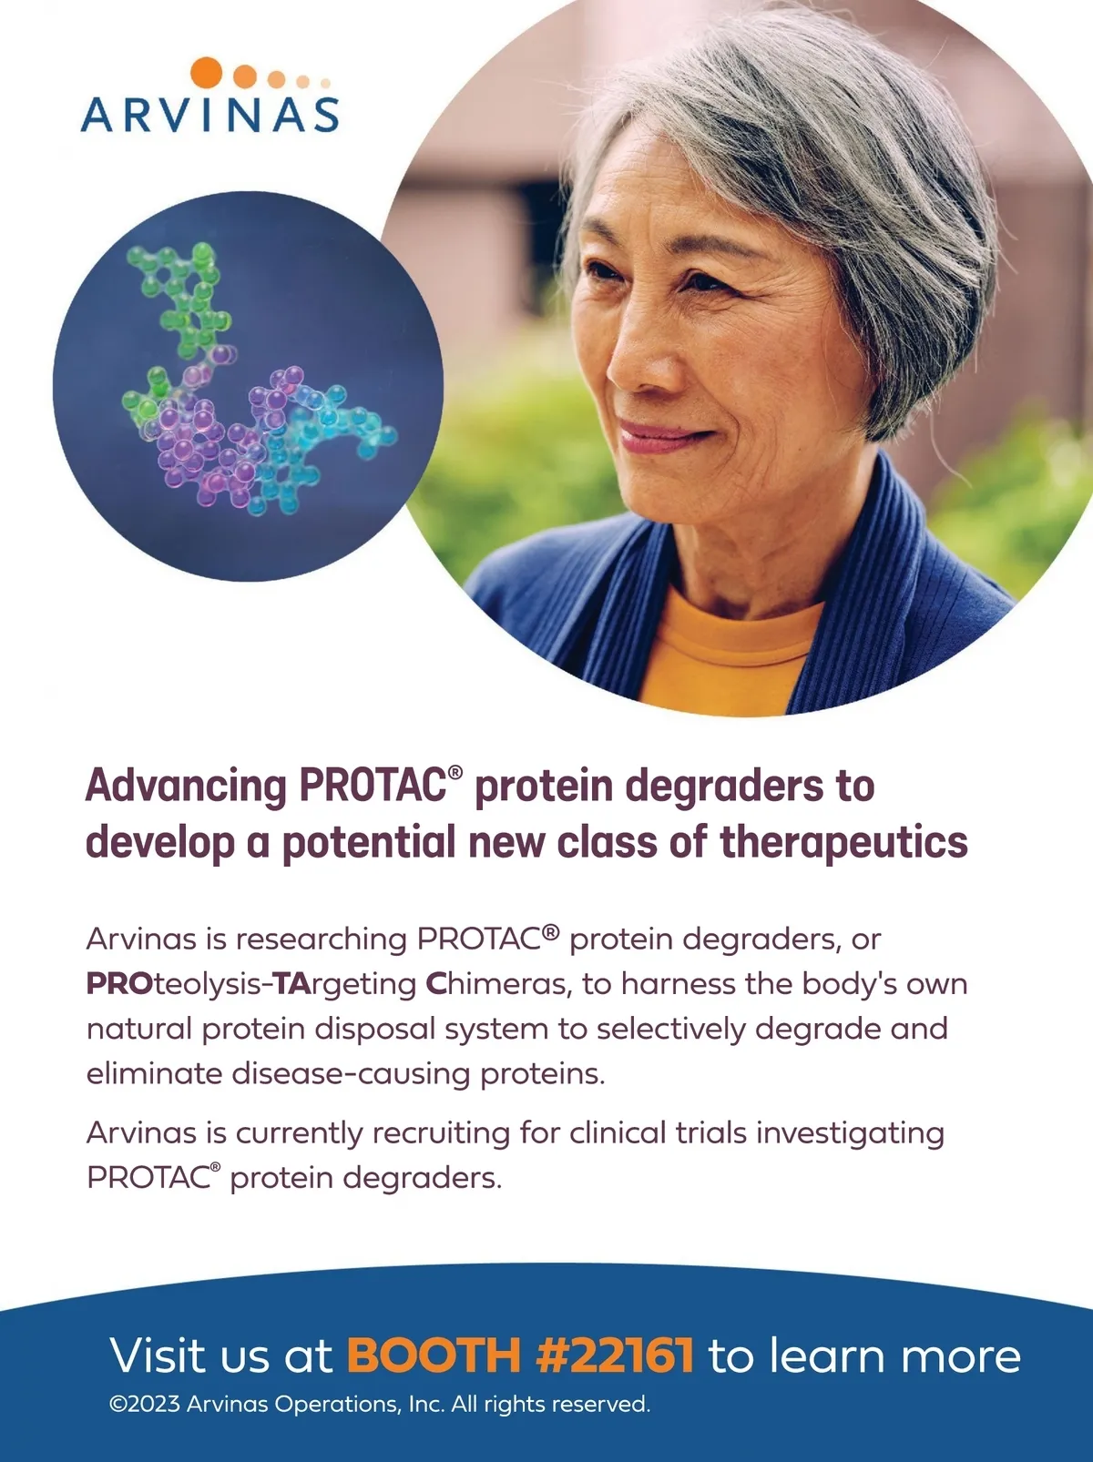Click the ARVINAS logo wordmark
point(209,115)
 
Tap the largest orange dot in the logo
point(206,72)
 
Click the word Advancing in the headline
point(186,787)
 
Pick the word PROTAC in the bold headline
point(373,786)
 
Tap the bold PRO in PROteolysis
point(119,984)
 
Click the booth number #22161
point(615,1355)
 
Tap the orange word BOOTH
point(434,1355)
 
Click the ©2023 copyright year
point(145,1404)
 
